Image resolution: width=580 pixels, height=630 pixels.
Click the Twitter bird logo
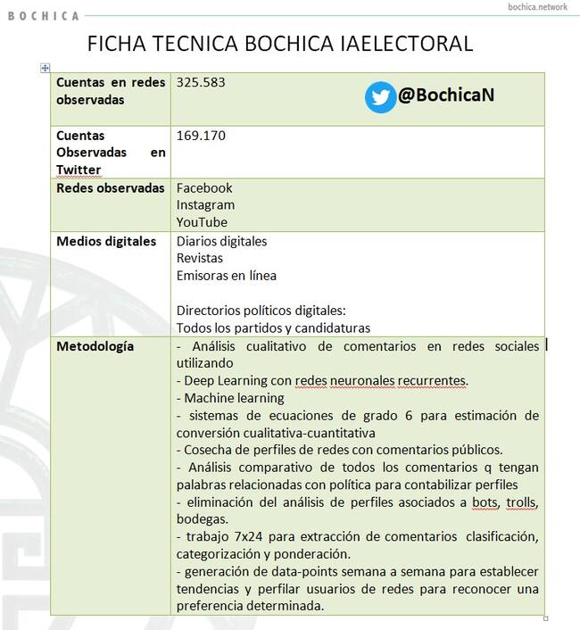(381, 97)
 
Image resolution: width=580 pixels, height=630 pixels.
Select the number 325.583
(201, 82)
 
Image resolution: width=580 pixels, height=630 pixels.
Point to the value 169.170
(201, 136)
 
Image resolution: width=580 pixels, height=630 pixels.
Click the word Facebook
(204, 187)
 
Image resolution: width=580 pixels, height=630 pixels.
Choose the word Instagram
(205, 204)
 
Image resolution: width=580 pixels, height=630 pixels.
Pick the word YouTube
(202, 221)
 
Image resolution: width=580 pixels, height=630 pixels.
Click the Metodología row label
(95, 345)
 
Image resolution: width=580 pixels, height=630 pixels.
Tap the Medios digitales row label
(106, 241)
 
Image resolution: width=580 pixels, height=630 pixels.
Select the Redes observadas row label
(110, 187)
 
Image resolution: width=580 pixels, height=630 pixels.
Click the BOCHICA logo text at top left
(43, 15)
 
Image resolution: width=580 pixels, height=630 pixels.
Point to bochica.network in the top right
(537, 7)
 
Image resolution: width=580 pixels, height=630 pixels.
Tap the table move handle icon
(46, 68)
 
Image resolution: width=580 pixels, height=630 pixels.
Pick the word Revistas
(200, 258)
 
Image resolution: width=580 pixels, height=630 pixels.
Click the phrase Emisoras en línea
(226, 275)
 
